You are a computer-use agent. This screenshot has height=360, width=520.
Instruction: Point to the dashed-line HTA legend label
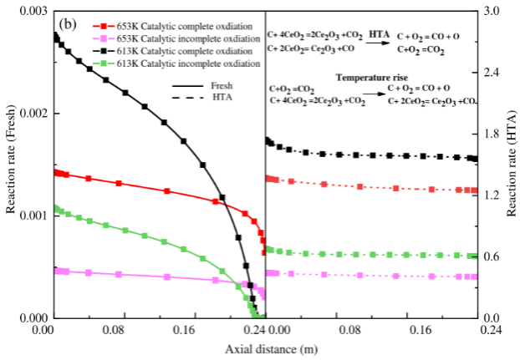(x=223, y=98)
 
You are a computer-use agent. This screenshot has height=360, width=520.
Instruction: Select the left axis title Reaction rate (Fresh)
(x=11, y=163)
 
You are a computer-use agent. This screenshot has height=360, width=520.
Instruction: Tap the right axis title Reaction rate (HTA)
(x=510, y=163)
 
